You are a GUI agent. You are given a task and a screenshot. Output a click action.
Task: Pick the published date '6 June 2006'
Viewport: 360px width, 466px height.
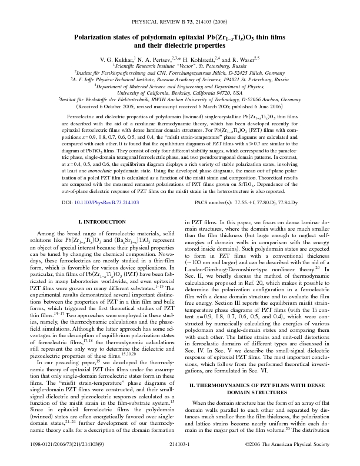point(265,108)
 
